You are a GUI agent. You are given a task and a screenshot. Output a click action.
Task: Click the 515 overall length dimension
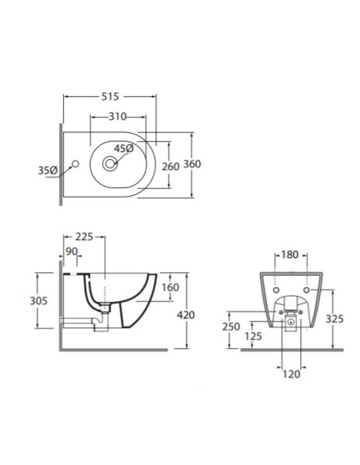[x=110, y=96]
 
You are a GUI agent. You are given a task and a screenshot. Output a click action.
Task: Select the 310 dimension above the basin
[x=118, y=116]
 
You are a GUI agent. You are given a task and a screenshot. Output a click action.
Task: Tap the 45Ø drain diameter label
[x=124, y=149]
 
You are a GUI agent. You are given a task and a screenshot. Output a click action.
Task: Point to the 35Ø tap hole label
[x=48, y=170]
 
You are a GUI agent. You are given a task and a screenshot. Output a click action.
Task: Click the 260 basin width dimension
[x=170, y=166]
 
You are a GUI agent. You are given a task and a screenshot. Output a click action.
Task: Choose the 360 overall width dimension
[x=192, y=164]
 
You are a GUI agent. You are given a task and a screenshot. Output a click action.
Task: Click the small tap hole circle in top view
[x=76, y=164]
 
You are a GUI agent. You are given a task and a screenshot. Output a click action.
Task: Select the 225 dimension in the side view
[x=84, y=237]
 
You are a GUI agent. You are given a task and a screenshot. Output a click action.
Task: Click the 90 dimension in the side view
[x=72, y=252]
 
